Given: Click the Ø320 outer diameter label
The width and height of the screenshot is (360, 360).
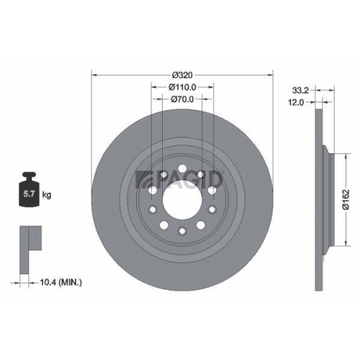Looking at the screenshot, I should pos(183,74).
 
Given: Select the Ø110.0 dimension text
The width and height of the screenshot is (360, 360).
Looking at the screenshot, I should pos(183,87).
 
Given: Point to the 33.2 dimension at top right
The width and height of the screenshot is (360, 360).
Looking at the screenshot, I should pos(304,91).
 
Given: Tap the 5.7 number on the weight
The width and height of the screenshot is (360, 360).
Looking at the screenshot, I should pos(30,194).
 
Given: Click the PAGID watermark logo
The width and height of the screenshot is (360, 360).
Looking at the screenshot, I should pos(180,179).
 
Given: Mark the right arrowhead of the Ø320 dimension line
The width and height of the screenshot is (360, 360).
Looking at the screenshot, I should pos(271,75).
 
